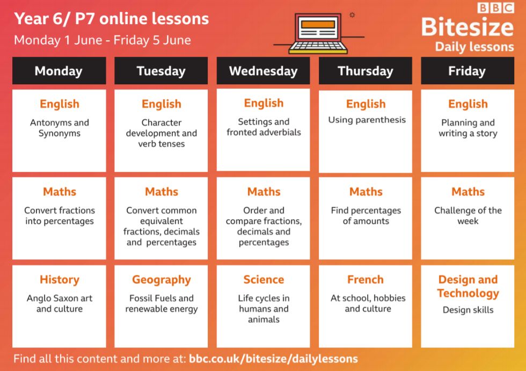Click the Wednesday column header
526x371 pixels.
[x=264, y=71]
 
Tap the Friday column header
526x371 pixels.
[x=467, y=71]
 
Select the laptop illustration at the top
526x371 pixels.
[x=318, y=33]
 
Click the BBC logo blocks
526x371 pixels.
[x=496, y=8]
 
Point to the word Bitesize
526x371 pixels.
[x=467, y=27]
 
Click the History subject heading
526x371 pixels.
[x=60, y=279]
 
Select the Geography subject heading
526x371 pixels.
[x=162, y=280]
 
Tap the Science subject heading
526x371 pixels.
[x=264, y=279]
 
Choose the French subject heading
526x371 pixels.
[x=366, y=279]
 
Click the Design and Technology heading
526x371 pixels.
[x=468, y=286]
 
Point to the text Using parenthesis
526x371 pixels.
[x=367, y=120]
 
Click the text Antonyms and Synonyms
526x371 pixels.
[x=60, y=128]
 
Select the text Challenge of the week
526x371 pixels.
[x=468, y=216]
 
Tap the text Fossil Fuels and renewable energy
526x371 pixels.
[x=162, y=303]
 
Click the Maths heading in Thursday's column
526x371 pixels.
[x=366, y=192]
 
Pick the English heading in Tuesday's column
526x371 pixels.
[x=162, y=104]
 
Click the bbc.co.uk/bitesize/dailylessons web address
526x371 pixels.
[x=273, y=359]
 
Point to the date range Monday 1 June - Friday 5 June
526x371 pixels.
[x=103, y=40]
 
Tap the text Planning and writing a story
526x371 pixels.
[x=468, y=128]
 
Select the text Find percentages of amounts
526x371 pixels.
[x=366, y=216]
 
